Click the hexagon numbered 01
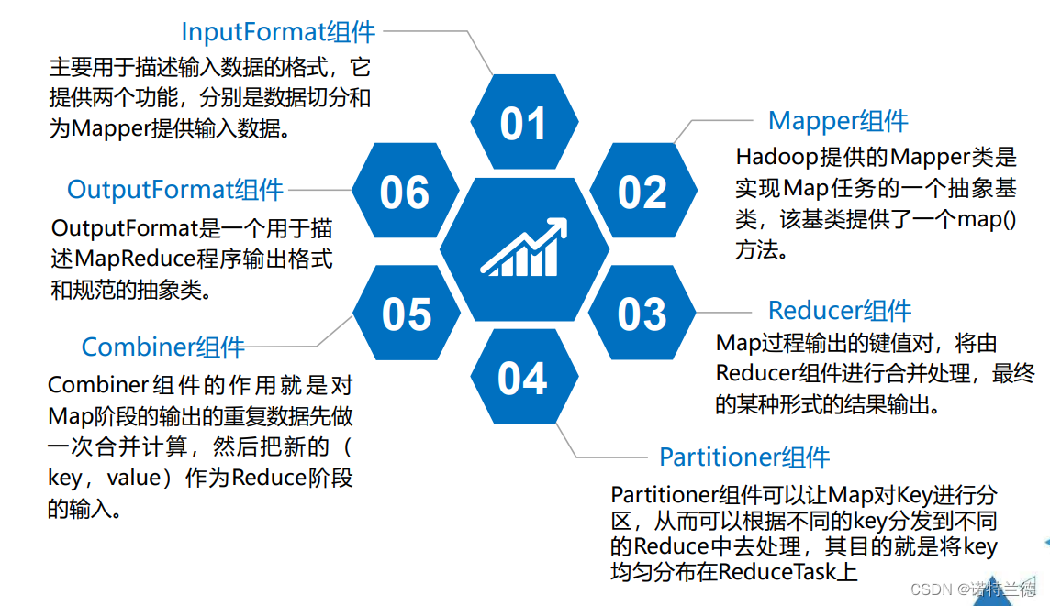pyautogui.click(x=523, y=124)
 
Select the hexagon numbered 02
pyautogui.click(x=642, y=192)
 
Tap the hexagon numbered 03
pyautogui.click(x=642, y=314)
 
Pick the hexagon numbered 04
pyautogui.click(x=523, y=379)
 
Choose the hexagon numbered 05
pyautogui.click(x=406, y=314)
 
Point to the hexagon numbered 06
pyautogui.click(x=405, y=192)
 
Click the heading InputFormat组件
pyautogui.click(x=278, y=32)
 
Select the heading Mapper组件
pyautogui.click(x=838, y=121)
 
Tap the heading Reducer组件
pyautogui.click(x=840, y=311)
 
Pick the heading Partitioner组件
pyautogui.click(x=744, y=457)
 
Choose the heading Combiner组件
pyautogui.click(x=163, y=347)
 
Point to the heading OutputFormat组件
pyautogui.click(x=175, y=190)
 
